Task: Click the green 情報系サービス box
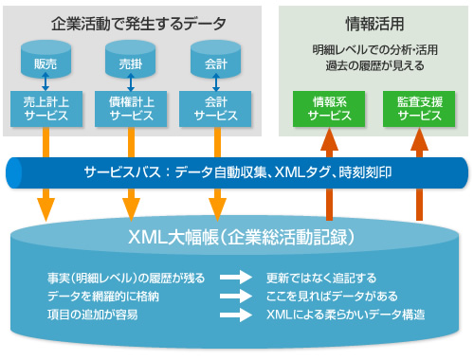click(x=329, y=108)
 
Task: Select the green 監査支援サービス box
click(x=414, y=108)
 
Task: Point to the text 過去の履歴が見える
click(x=374, y=66)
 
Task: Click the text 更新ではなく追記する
click(x=321, y=279)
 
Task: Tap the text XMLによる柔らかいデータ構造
click(x=344, y=314)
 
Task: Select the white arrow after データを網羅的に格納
click(x=235, y=297)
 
